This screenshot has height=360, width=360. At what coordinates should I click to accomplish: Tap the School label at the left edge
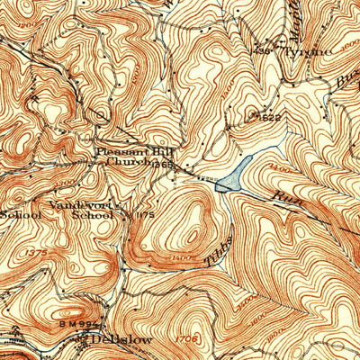coord(20,216)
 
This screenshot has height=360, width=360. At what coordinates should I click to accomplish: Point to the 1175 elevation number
coord(144,216)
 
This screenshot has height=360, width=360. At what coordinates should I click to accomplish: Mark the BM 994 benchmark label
coord(90,322)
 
